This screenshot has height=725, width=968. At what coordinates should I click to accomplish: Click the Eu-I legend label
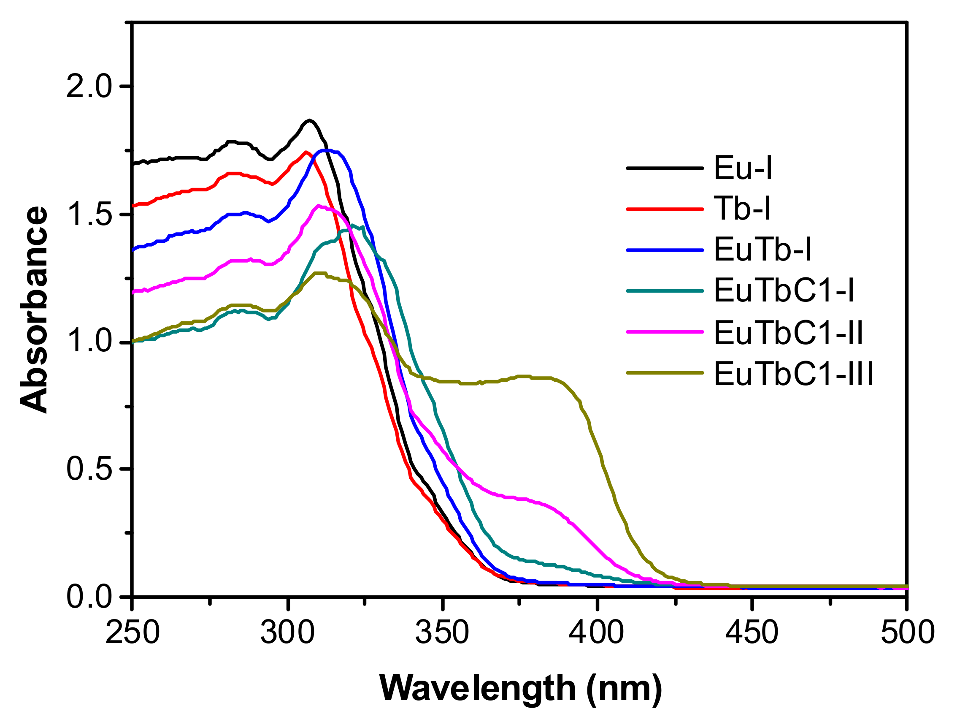pyautogui.click(x=743, y=168)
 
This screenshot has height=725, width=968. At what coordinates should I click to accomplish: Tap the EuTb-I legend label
pyautogui.click(x=763, y=250)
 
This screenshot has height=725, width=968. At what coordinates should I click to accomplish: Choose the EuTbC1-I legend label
pyautogui.click(x=784, y=290)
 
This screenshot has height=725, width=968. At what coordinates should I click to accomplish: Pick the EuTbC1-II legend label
pyautogui.click(x=788, y=333)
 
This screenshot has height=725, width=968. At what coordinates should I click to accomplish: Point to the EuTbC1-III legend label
pyautogui.click(x=793, y=374)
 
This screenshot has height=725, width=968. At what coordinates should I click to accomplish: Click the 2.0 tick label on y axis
pyautogui.click(x=89, y=86)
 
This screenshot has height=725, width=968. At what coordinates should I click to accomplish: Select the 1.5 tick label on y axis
pyautogui.click(x=89, y=215)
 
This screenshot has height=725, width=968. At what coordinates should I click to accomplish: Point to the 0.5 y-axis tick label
pyautogui.click(x=89, y=469)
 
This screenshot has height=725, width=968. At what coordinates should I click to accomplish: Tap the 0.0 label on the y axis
pyautogui.click(x=89, y=596)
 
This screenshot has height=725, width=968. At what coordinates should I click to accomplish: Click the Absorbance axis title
pyautogui.click(x=34, y=309)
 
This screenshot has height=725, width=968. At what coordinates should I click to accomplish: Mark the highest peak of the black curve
pyautogui.click(x=309, y=120)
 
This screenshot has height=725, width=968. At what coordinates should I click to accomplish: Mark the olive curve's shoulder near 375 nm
pyautogui.click(x=523, y=376)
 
